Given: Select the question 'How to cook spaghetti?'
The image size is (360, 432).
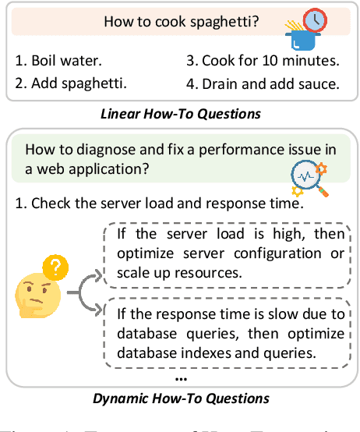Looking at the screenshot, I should [x=180, y=22].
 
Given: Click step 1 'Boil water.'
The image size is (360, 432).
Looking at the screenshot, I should [x=58, y=58].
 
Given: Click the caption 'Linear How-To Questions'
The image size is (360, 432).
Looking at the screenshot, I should [x=180, y=114].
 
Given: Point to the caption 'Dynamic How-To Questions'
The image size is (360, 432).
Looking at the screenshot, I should [x=180, y=398].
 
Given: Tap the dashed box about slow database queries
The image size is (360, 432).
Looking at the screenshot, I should [x=229, y=334].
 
